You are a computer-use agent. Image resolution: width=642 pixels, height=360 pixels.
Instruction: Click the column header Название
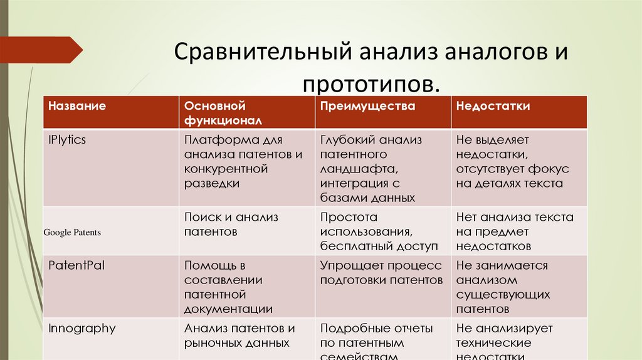[x=77, y=106]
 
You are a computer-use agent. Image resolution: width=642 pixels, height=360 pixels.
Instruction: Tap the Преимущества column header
[x=367, y=106]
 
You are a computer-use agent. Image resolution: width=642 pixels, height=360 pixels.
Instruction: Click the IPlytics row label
[x=67, y=140]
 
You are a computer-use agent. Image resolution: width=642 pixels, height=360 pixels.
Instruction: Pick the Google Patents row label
[x=72, y=233]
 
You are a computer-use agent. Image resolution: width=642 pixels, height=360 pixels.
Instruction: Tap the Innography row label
[x=82, y=328]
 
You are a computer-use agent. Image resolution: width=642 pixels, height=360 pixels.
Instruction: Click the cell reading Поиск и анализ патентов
[x=231, y=225]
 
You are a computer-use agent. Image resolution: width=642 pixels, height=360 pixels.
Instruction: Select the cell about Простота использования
[x=378, y=231]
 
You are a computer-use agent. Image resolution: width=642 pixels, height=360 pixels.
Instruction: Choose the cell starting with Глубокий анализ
[x=371, y=168]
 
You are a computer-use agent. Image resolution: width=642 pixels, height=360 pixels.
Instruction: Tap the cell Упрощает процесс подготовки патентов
[x=381, y=273]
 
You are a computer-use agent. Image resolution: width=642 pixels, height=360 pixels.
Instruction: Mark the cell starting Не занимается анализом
[x=503, y=287]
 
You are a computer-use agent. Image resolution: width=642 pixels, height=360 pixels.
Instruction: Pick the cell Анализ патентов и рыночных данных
[x=239, y=336]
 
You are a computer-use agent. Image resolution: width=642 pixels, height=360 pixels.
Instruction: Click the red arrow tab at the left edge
[x=41, y=50]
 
